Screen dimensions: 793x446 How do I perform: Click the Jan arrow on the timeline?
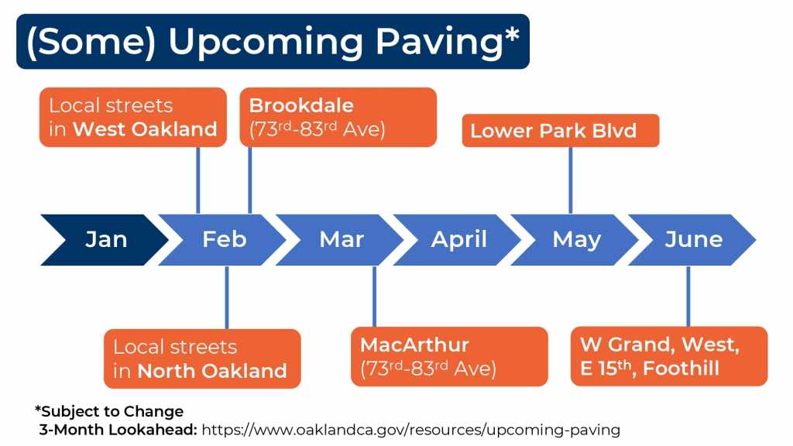[105, 240]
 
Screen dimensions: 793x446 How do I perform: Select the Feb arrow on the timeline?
[222, 240]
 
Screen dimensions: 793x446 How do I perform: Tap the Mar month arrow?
[340, 240]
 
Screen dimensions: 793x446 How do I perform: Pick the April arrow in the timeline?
[458, 240]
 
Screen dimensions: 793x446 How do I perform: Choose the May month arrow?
[575, 240]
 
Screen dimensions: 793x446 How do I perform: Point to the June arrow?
[692, 240]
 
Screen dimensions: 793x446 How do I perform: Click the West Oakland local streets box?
[133, 118]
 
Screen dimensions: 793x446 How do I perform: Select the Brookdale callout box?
[338, 118]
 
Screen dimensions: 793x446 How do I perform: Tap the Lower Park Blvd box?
[561, 130]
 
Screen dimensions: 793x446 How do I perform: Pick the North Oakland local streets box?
[202, 359]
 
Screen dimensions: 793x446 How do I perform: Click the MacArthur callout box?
[449, 356]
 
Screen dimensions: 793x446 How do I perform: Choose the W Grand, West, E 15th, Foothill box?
[669, 356]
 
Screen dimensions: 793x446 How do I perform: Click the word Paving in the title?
[439, 43]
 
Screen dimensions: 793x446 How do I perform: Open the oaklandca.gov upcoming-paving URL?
[410, 431]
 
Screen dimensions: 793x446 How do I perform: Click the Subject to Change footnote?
[108, 411]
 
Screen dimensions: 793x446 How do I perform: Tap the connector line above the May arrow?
[571, 180]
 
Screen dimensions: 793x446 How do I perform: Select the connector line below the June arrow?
[688, 297]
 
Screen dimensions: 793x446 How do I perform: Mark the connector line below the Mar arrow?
[374, 297]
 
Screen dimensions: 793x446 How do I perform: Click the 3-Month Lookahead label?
[118, 430]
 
